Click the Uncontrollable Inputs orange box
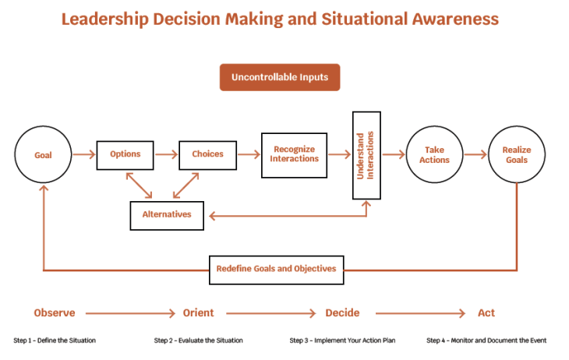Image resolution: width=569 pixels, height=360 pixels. pyautogui.click(x=280, y=77)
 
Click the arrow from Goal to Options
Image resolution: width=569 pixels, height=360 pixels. pyautogui.click(x=84, y=154)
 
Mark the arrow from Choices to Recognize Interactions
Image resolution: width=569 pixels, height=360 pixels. pyautogui.click(x=249, y=154)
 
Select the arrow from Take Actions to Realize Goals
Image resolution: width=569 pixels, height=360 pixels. pyautogui.click(x=475, y=154)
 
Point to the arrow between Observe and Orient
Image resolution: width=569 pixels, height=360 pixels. pyautogui.click(x=130, y=313)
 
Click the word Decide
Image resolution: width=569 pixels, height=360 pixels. pyautogui.click(x=342, y=312)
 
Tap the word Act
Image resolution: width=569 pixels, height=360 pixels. pyautogui.click(x=486, y=312)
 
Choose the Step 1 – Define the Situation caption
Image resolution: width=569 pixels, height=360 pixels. pyautogui.click(x=55, y=341)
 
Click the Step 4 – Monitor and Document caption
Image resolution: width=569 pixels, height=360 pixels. pyautogui.click(x=486, y=341)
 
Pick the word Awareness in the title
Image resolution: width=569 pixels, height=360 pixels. pyautogui.click(x=455, y=19)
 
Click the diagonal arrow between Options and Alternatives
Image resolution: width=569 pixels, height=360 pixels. pyautogui.click(x=139, y=185)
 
